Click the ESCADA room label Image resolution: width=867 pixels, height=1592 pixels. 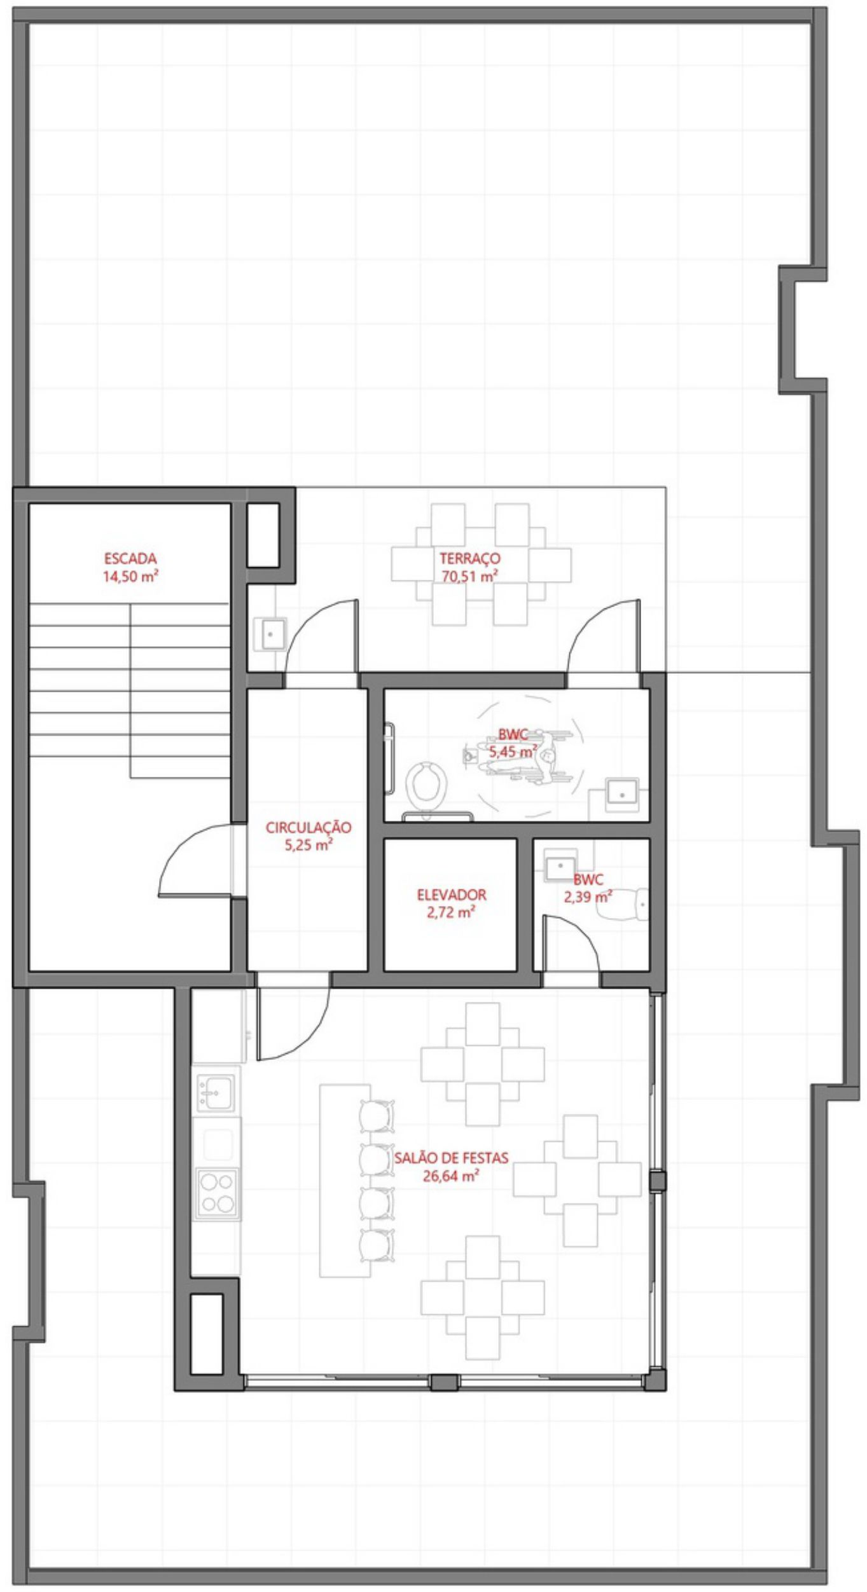pos(130,559)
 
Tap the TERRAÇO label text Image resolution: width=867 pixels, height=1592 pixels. pos(469,559)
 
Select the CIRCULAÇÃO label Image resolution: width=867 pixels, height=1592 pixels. pos(309,828)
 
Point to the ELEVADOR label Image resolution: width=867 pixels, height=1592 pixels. pos(452,895)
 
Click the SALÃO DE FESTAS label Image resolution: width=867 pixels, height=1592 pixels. pos(451,1158)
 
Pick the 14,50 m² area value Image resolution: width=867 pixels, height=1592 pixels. pos(130,577)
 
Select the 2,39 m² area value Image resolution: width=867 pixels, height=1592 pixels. pos(588,897)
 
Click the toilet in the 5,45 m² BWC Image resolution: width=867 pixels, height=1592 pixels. pos(426,784)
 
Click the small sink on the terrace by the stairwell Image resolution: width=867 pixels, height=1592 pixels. pos(271,634)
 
